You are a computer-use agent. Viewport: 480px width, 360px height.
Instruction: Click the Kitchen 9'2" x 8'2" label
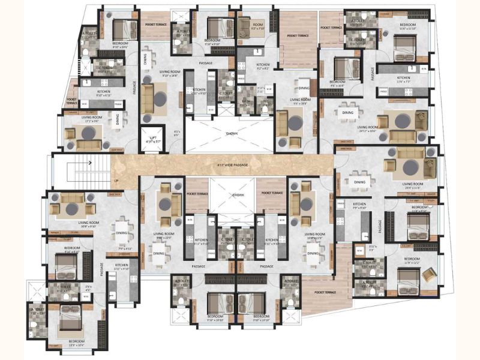262,66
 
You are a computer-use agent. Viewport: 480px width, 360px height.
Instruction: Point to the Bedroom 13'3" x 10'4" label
71,343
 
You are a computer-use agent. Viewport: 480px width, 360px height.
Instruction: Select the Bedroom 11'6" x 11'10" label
406,28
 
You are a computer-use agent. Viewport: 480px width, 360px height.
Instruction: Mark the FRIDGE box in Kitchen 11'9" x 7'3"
383,90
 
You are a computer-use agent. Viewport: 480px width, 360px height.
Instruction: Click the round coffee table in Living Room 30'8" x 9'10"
73,208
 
